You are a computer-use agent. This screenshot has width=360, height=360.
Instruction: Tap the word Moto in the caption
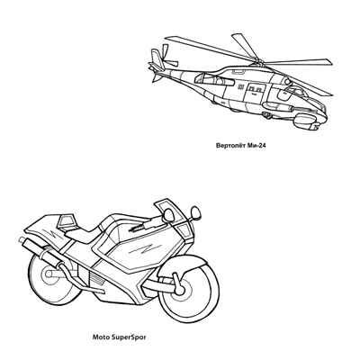(100, 337)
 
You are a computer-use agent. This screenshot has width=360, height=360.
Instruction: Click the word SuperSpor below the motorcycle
(128, 337)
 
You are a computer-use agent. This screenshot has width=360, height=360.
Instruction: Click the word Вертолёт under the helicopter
(230, 146)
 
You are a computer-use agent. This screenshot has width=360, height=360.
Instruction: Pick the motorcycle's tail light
(66, 221)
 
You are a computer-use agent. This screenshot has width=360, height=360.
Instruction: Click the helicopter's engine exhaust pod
(213, 79)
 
